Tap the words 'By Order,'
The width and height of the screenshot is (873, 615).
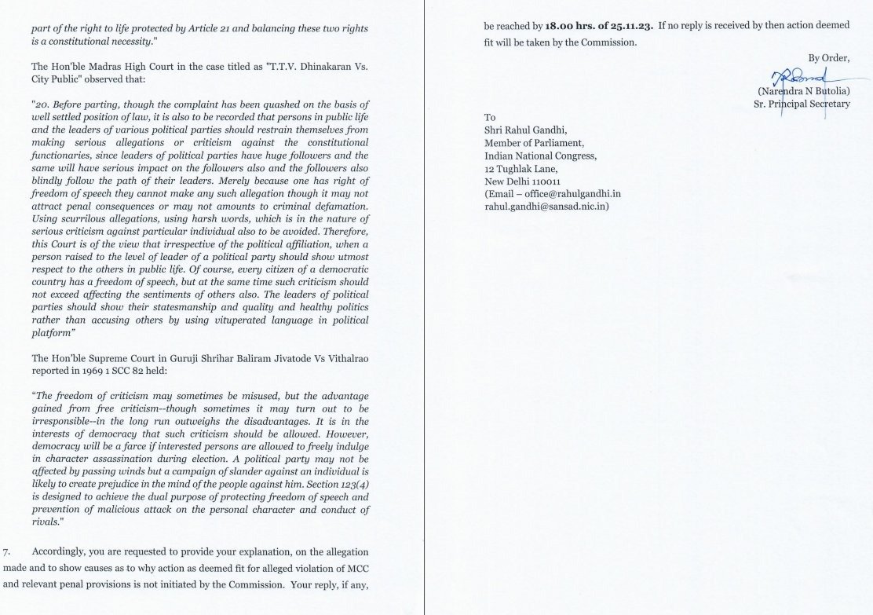click(x=828, y=57)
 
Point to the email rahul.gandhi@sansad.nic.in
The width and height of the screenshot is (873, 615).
click(x=547, y=206)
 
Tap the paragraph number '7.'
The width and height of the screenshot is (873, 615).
click(x=8, y=552)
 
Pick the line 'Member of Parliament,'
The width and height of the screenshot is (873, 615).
click(x=534, y=142)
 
